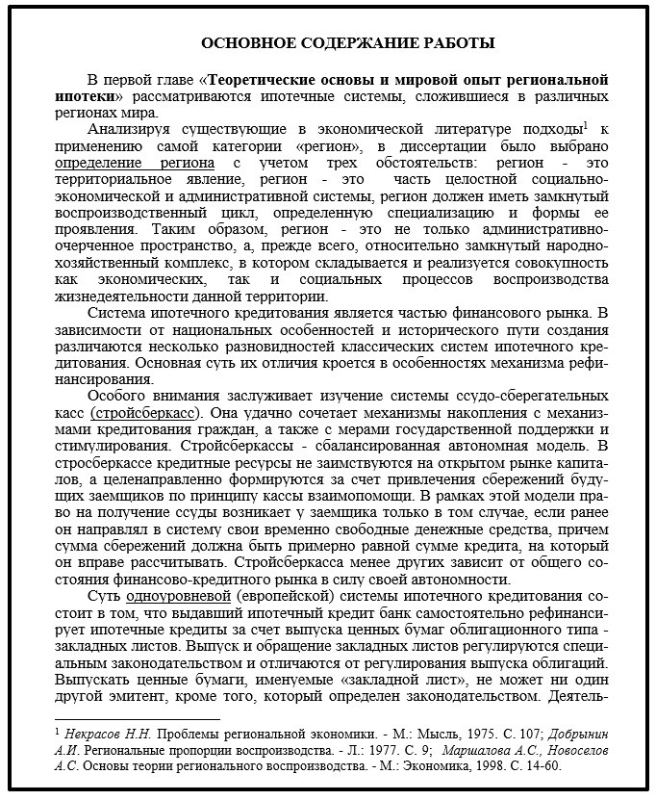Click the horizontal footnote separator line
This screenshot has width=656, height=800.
(x=137, y=717)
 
